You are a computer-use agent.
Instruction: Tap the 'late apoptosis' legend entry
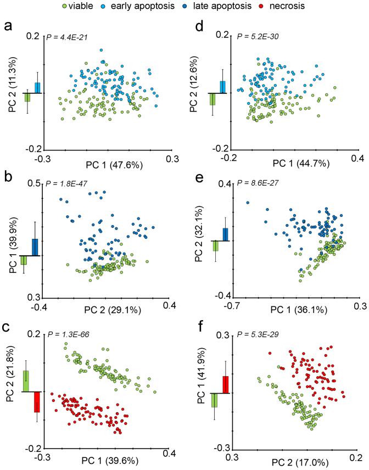[x=237, y=7]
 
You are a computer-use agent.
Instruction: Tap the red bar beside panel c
[x=37, y=401]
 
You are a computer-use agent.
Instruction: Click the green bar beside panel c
[x=26, y=381]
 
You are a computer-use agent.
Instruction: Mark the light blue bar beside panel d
[x=223, y=87]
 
